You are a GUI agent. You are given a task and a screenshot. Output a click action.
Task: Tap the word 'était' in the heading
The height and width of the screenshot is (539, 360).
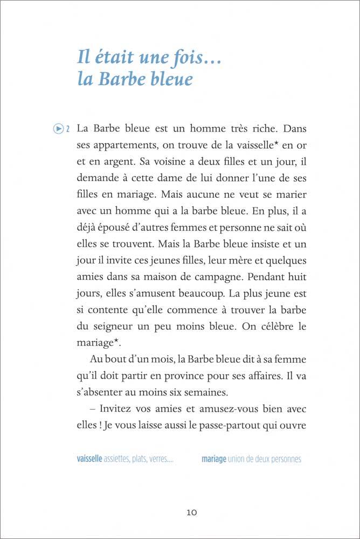click(x=112, y=56)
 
